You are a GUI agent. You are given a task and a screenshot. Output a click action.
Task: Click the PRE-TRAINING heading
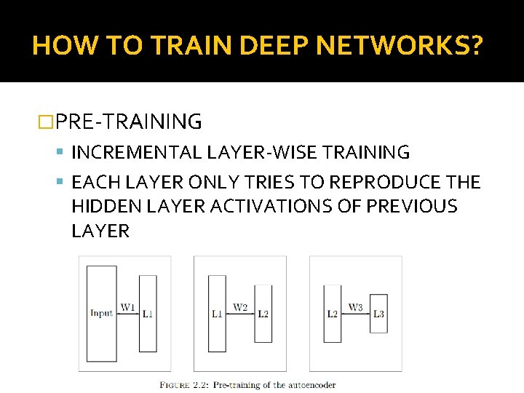tap(128, 122)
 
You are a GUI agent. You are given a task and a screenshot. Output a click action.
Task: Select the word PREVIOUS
tap(412, 207)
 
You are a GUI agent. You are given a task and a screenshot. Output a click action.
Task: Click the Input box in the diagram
tap(101, 313)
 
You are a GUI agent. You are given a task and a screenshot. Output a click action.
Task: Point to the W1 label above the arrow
tap(127, 307)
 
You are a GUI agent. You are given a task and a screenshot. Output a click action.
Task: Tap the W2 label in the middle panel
tap(240, 307)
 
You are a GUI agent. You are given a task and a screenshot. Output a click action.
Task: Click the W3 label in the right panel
tap(355, 307)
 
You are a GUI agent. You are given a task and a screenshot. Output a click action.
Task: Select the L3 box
tap(378, 314)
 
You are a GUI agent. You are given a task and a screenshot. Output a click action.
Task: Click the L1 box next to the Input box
tap(148, 314)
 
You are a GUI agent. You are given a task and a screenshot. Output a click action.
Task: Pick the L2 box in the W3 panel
tap(333, 314)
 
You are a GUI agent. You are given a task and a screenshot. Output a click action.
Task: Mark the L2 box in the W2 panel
tap(263, 314)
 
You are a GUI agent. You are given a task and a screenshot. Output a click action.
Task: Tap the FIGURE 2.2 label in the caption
tap(175, 385)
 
